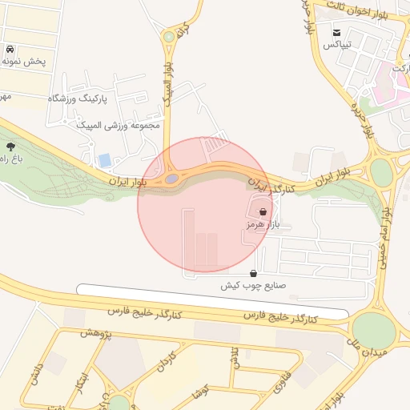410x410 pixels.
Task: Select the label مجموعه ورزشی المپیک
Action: (119, 125)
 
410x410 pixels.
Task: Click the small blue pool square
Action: (105, 160)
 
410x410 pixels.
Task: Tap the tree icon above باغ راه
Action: (10, 147)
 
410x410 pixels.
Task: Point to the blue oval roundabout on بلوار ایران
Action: (172, 179)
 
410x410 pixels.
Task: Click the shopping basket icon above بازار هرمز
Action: (263, 212)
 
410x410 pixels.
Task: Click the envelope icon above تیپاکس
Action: (337, 32)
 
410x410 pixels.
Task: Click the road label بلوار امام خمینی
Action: (384, 240)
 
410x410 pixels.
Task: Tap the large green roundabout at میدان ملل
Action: (373, 329)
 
